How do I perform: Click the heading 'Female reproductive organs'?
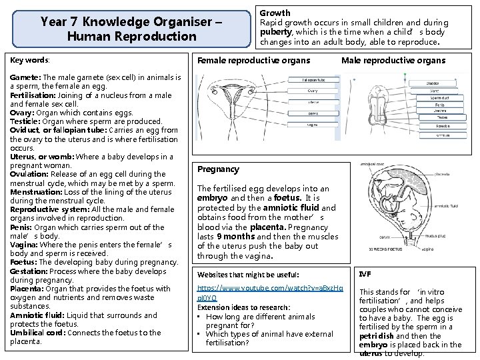[x=253, y=61]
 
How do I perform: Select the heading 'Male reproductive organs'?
[x=393, y=61]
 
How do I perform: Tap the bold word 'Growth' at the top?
[x=275, y=13]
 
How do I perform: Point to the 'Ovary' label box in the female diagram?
[x=312, y=91]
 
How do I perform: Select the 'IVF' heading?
[x=365, y=274]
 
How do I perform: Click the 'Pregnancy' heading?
[x=218, y=169]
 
